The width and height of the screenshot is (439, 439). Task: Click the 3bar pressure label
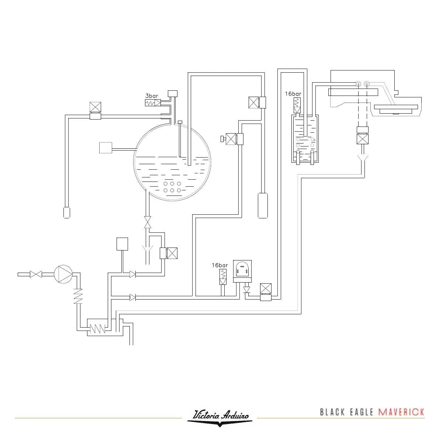(x=152, y=96)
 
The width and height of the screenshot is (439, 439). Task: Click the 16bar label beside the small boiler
(x=293, y=94)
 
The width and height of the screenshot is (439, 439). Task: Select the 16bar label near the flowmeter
(x=220, y=265)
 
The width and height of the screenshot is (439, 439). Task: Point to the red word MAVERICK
(x=401, y=412)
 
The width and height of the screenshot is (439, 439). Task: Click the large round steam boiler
(x=172, y=162)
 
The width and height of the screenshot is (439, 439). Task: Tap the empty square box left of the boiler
(x=106, y=148)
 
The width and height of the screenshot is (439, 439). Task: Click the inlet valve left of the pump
(x=36, y=274)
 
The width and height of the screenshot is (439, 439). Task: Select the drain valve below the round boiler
(x=148, y=222)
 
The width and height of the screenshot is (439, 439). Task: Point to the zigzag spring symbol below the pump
(x=77, y=295)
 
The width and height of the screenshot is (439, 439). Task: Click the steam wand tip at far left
(x=66, y=212)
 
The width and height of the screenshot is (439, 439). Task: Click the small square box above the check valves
(x=122, y=244)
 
